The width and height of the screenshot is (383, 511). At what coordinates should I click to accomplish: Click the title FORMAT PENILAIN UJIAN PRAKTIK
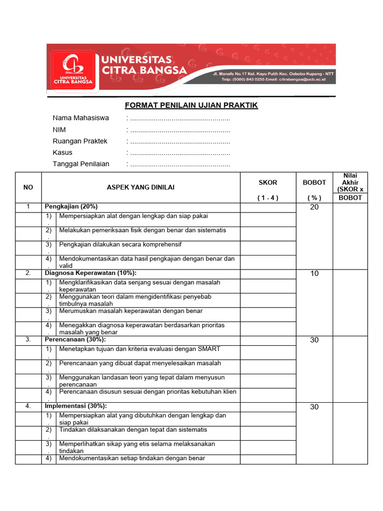click(191, 105)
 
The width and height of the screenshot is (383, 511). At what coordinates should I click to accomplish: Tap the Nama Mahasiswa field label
click(81, 118)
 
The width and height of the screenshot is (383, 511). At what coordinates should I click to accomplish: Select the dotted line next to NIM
click(179, 130)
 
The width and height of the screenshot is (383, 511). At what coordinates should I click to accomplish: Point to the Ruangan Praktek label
click(80, 141)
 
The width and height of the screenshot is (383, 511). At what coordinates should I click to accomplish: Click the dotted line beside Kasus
click(179, 153)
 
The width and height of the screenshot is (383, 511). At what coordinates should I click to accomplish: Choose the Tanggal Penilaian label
click(81, 164)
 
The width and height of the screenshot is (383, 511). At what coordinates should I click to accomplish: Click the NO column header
click(28, 187)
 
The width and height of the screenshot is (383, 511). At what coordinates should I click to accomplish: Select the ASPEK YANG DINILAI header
click(141, 187)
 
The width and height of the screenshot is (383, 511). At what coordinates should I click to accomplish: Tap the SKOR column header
click(268, 183)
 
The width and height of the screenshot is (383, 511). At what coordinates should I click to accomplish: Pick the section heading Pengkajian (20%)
click(71, 207)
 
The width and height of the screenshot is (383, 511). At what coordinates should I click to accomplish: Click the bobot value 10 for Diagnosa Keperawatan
click(314, 273)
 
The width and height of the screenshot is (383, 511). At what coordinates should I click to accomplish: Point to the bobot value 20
click(314, 207)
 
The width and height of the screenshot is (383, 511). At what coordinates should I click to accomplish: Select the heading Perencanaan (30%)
click(75, 339)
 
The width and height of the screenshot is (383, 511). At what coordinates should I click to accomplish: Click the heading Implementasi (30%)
click(76, 406)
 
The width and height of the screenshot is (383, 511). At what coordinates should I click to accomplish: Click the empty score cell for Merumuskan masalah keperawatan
click(268, 314)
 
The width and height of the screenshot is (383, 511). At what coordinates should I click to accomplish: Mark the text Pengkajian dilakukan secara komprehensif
click(120, 245)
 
